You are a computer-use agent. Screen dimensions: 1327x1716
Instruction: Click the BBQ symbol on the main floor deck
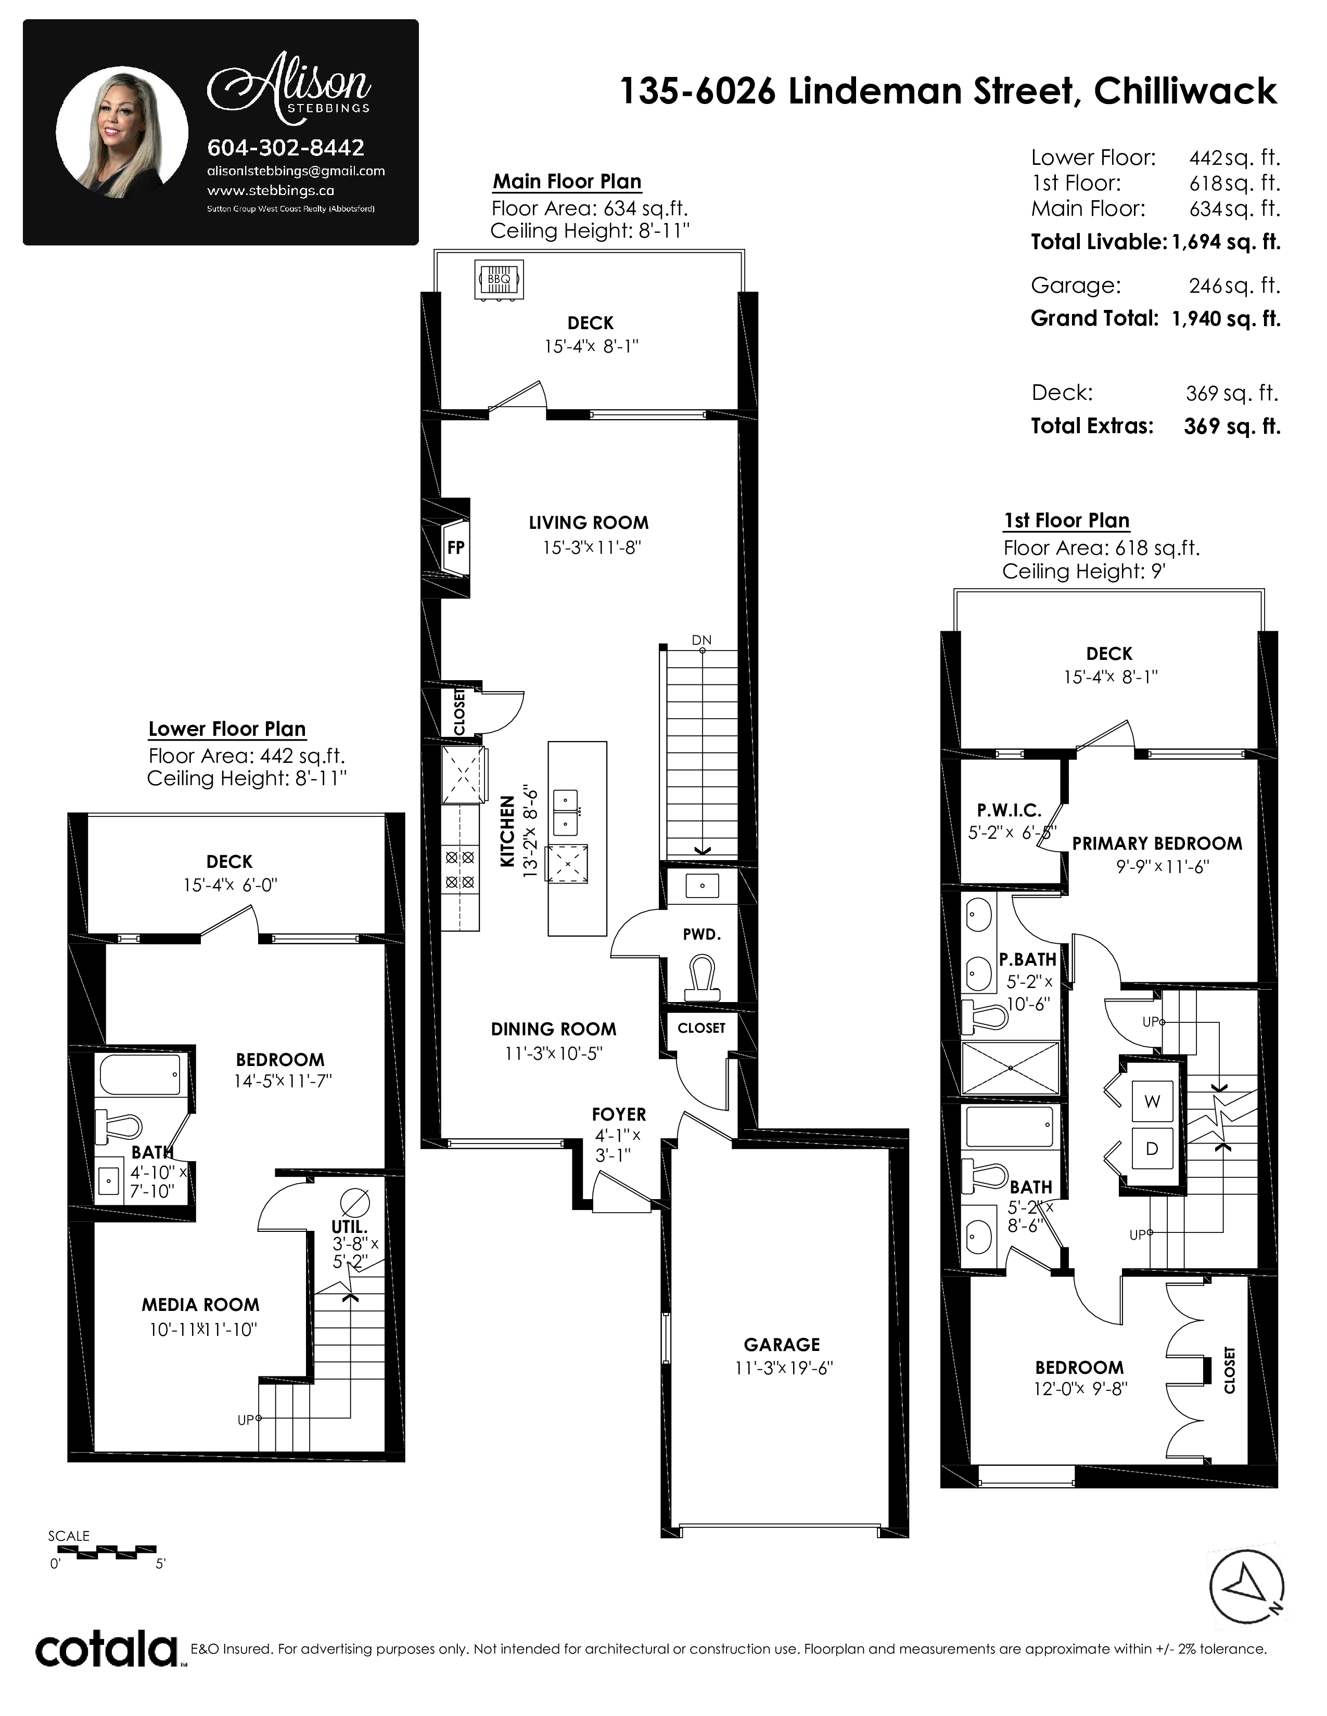pyautogui.click(x=499, y=279)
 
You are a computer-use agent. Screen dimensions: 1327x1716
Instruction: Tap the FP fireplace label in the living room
pyautogui.click(x=456, y=547)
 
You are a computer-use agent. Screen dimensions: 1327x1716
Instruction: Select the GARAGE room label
pyautogui.click(x=782, y=1344)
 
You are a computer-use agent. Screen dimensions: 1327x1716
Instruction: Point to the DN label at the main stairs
pyautogui.click(x=701, y=640)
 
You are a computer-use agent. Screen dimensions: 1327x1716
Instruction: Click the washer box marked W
pyautogui.click(x=1152, y=1101)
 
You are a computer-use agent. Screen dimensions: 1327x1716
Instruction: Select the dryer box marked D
pyautogui.click(x=1152, y=1148)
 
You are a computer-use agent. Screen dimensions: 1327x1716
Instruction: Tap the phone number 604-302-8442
pyautogui.click(x=285, y=147)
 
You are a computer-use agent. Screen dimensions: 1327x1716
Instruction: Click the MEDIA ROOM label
pyautogui.click(x=200, y=1305)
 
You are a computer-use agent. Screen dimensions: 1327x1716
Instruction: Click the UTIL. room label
pyautogui.click(x=349, y=1227)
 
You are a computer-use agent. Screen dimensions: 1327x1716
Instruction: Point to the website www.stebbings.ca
pyautogui.click(x=271, y=190)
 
